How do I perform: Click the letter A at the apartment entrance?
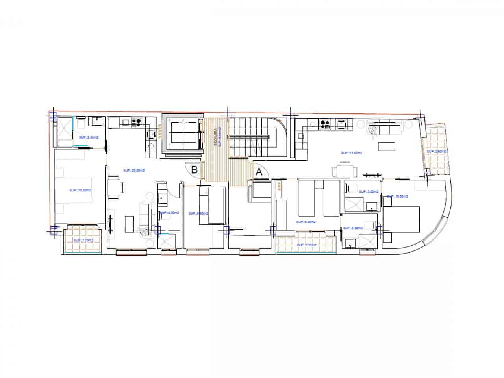[259, 172]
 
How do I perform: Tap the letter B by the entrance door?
[195, 170]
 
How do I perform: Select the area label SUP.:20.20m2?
[134, 170]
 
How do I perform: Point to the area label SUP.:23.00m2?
[352, 153]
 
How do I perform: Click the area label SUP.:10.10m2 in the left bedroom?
[80, 190]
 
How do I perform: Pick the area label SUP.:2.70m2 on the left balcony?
[83, 240]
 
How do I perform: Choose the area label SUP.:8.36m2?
[305, 222]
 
